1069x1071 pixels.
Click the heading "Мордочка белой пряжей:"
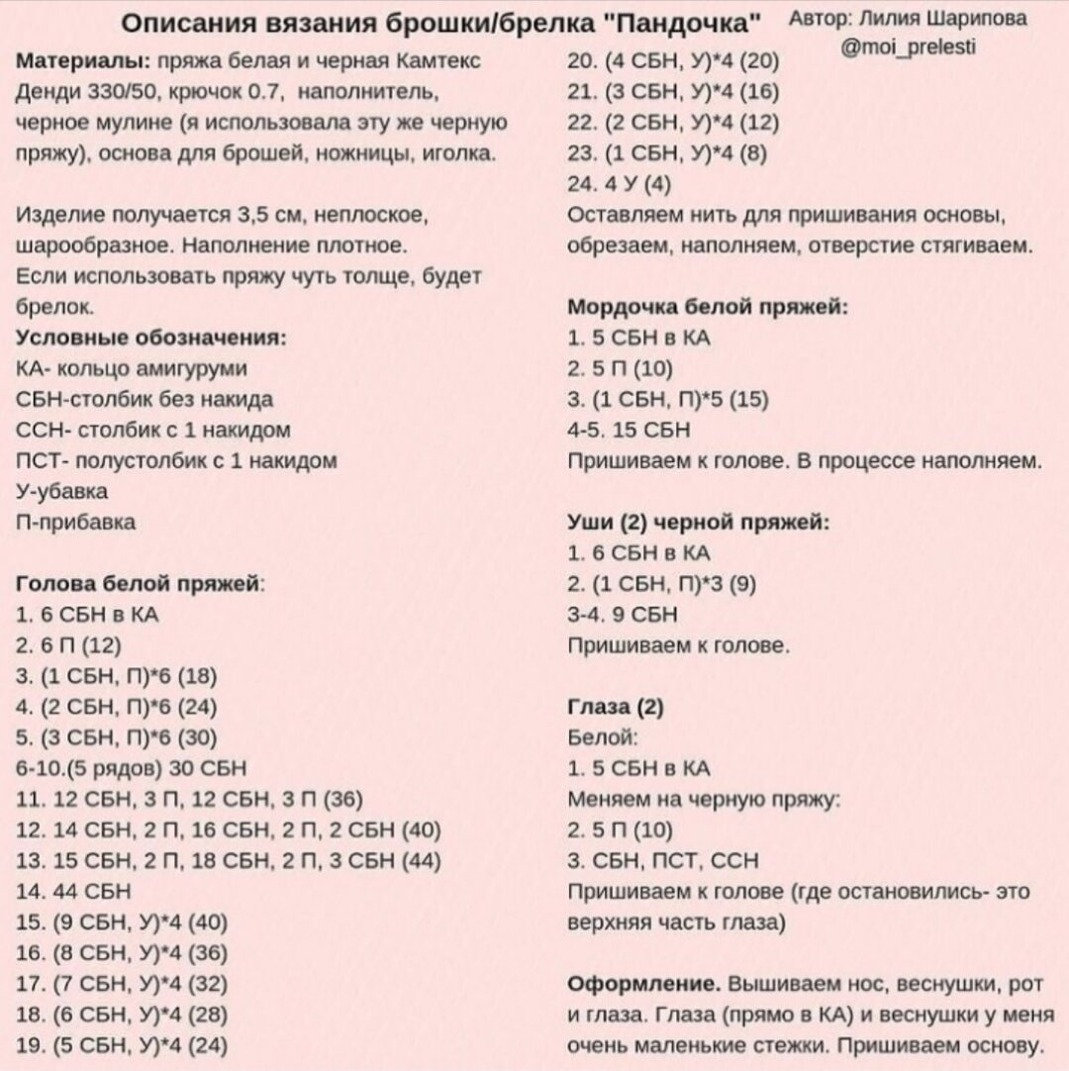pyautogui.click(x=707, y=307)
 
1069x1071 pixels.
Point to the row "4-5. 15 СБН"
pyautogui.click(x=630, y=430)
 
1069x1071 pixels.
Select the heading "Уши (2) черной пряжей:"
pyautogui.click(x=699, y=523)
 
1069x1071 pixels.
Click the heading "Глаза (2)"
pyautogui.click(x=617, y=707)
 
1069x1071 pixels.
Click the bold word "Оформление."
pyautogui.click(x=643, y=984)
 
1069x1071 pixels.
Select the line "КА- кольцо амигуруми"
pyautogui.click(x=133, y=368)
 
